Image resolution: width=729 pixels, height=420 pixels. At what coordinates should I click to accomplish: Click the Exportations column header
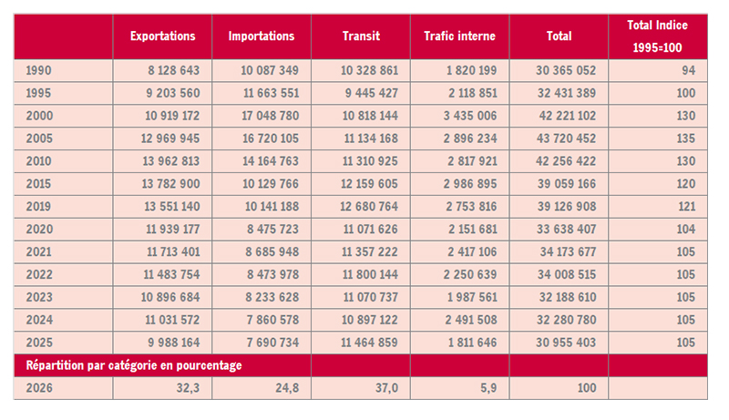163,36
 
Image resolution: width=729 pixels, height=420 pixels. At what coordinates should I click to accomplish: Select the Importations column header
262,36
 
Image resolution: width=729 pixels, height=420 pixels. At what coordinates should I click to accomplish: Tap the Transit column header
361,36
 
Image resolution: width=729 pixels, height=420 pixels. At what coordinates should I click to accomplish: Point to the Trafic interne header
460,36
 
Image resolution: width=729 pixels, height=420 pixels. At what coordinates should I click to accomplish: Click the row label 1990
39,70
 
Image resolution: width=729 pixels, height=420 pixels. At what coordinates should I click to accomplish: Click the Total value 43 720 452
562,139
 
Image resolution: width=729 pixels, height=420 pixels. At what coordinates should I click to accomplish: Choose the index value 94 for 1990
688,70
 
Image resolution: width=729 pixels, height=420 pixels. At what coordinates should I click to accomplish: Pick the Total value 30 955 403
562,342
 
